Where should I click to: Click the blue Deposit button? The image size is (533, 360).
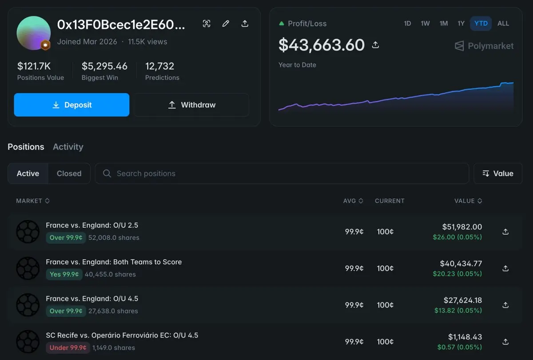tap(72, 105)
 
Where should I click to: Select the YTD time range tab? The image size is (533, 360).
tap(481, 24)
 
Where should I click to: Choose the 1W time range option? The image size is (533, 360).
tap(425, 24)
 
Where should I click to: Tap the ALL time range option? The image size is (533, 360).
tap(503, 24)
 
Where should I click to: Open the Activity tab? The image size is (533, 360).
tap(68, 147)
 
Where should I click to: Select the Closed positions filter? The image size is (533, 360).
tap(69, 174)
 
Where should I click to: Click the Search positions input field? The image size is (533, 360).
tap(282, 174)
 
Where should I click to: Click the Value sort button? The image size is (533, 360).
tap(498, 174)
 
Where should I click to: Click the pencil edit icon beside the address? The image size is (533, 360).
tap(226, 24)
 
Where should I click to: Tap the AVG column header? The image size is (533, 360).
tap(353, 201)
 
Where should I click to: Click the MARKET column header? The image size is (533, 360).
tap(33, 201)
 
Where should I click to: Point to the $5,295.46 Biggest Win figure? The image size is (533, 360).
tap(104, 66)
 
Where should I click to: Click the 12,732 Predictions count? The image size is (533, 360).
tap(159, 66)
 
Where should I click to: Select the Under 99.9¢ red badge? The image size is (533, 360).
tap(68, 348)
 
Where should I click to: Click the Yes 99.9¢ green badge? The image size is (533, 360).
tap(64, 274)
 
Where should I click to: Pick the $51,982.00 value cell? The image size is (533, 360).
tap(462, 227)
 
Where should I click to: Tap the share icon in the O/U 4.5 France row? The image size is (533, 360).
tap(505, 305)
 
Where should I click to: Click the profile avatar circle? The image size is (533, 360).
tap(34, 33)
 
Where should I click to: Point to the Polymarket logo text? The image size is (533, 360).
tap(491, 46)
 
